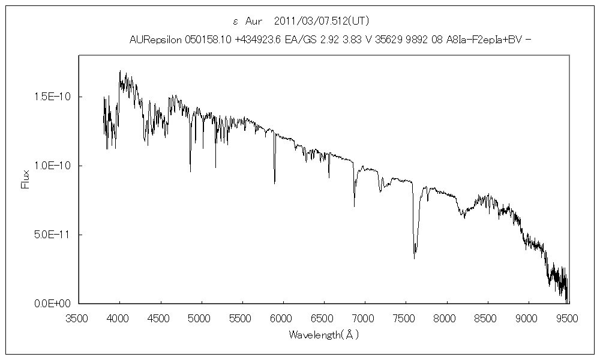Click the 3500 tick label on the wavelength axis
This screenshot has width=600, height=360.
(x=79, y=317)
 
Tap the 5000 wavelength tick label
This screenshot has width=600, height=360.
(x=201, y=317)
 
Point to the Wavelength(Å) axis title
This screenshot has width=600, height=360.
(x=323, y=334)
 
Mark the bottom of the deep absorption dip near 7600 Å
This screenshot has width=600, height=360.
(x=414, y=259)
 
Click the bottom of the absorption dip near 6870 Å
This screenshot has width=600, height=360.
(x=354, y=206)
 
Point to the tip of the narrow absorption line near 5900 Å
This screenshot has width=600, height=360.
(x=275, y=183)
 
